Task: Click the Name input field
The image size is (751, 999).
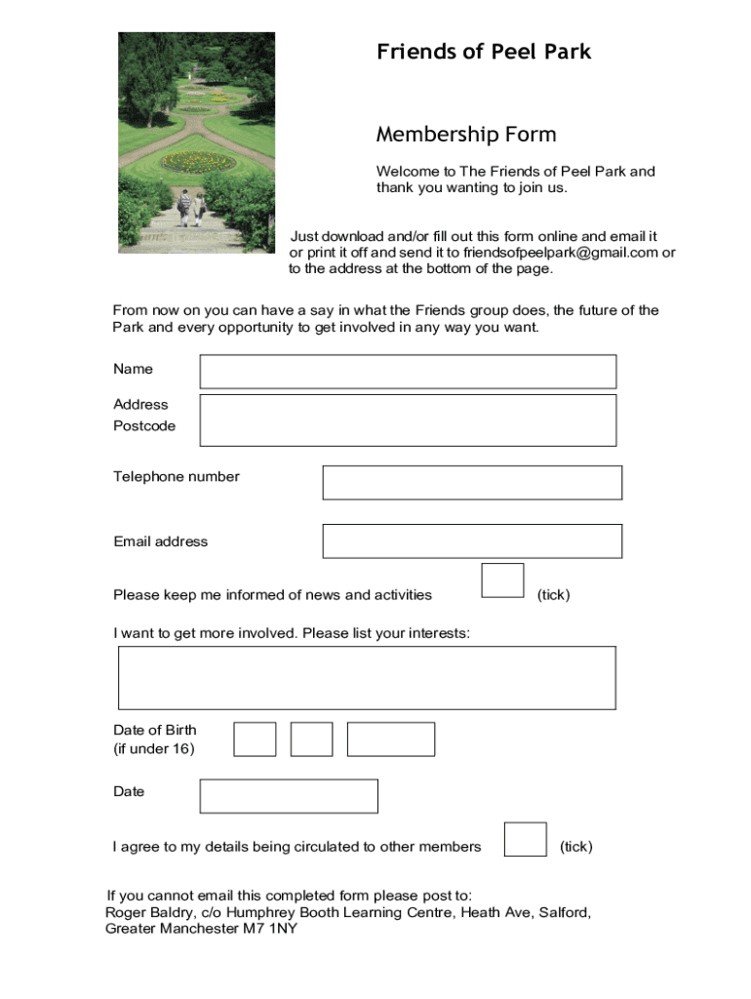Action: click(408, 372)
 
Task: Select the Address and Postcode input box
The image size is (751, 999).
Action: click(408, 420)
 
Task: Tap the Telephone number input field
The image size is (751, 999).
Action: click(472, 482)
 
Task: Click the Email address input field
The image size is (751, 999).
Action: click(472, 541)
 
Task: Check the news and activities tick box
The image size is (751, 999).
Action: click(503, 579)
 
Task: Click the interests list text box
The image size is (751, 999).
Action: click(367, 677)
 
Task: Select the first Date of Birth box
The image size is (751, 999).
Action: click(255, 739)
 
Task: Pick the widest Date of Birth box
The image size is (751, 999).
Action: click(391, 739)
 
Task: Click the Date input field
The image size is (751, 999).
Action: click(289, 796)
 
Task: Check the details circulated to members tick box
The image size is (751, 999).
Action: click(526, 839)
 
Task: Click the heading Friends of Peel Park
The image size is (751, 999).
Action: click(484, 52)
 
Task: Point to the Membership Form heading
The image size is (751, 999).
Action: click(466, 135)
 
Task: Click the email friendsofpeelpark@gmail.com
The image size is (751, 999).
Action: click(561, 253)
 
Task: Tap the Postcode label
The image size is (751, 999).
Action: click(144, 426)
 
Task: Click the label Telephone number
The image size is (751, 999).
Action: click(177, 477)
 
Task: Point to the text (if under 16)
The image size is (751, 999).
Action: click(154, 749)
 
